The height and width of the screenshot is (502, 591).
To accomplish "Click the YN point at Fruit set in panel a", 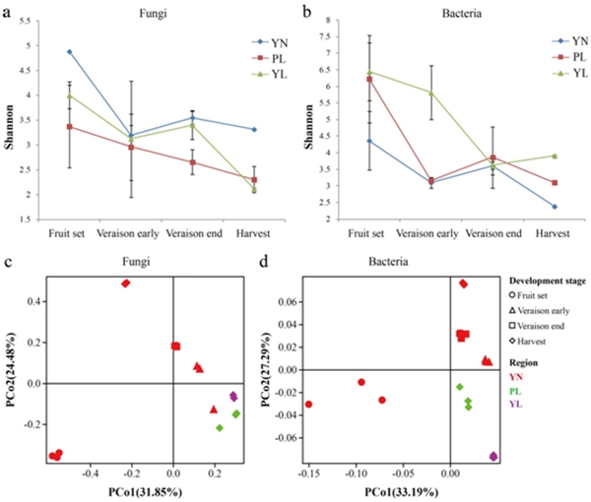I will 69,51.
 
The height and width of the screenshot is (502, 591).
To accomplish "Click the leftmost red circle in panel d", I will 309,404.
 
